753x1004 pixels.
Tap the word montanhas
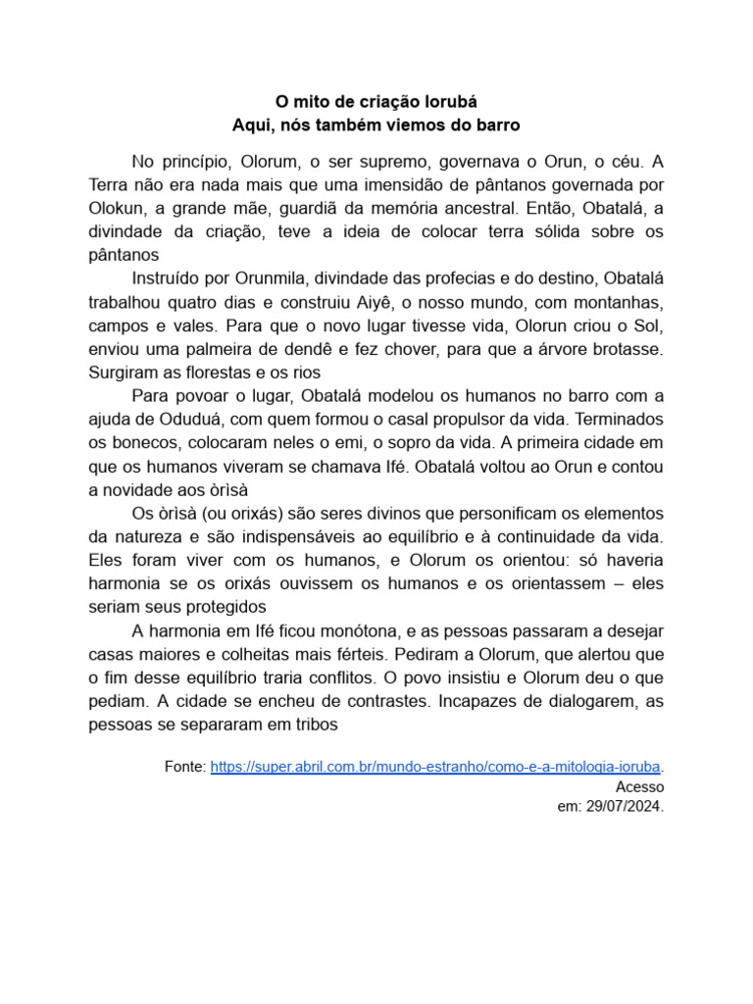tap(614, 302)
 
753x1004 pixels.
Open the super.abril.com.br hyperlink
tap(436, 766)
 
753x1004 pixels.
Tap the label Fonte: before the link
tap(185, 766)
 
